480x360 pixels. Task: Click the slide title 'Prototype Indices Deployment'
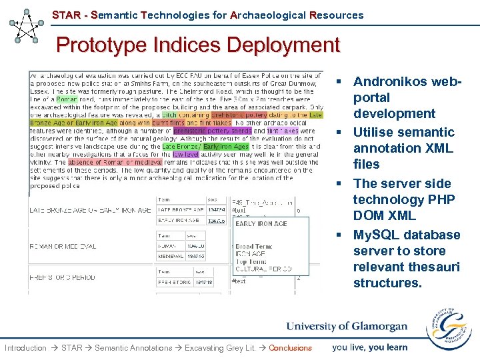pyautogui.click(x=198, y=45)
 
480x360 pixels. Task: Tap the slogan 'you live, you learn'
pyautogui.click(x=370, y=347)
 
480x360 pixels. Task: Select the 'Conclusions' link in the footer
pyautogui.click(x=290, y=348)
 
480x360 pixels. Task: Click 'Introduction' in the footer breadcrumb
pyautogui.click(x=25, y=348)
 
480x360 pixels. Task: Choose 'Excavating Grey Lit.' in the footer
pyautogui.click(x=221, y=348)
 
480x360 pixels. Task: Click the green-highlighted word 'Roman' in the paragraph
pyautogui.click(x=67, y=99)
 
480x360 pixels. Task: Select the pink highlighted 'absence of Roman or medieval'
pyautogui.click(x=115, y=162)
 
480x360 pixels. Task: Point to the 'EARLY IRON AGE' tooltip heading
pyautogui.click(x=261, y=224)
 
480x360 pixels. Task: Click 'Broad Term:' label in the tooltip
pyautogui.click(x=253, y=247)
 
